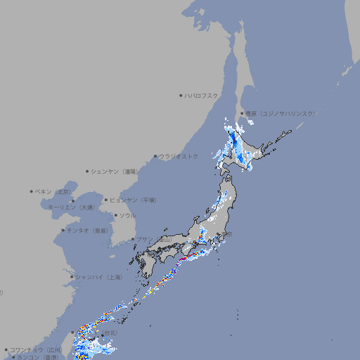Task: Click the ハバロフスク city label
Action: coord(202,96)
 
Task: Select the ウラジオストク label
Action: coord(179,156)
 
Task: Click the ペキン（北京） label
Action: coord(53,191)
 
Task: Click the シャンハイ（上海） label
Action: coord(98,277)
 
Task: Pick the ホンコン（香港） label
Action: coord(37,357)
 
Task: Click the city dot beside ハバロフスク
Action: coord(181,96)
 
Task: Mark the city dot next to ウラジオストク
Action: coord(155,156)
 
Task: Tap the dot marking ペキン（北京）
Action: coord(32,191)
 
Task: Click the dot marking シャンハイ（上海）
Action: coord(72,277)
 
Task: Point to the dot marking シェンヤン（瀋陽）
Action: coord(88,171)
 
